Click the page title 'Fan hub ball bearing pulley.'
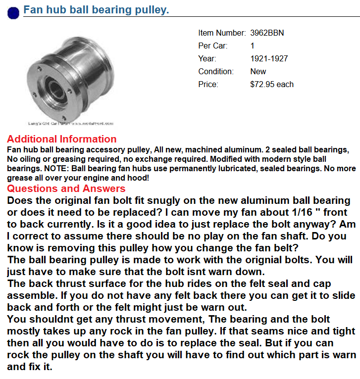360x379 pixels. (97, 10)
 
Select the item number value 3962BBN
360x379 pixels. (267, 33)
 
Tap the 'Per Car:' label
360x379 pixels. (213, 46)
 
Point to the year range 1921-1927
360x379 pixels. (269, 59)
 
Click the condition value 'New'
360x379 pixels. (258, 72)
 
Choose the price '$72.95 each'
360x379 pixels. (272, 85)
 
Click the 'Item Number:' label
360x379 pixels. (221, 33)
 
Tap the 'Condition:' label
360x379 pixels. (215, 72)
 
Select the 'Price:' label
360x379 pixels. (208, 85)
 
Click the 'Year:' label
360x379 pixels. (207, 59)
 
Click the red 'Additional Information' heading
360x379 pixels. (62, 139)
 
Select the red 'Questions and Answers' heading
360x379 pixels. (66, 189)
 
